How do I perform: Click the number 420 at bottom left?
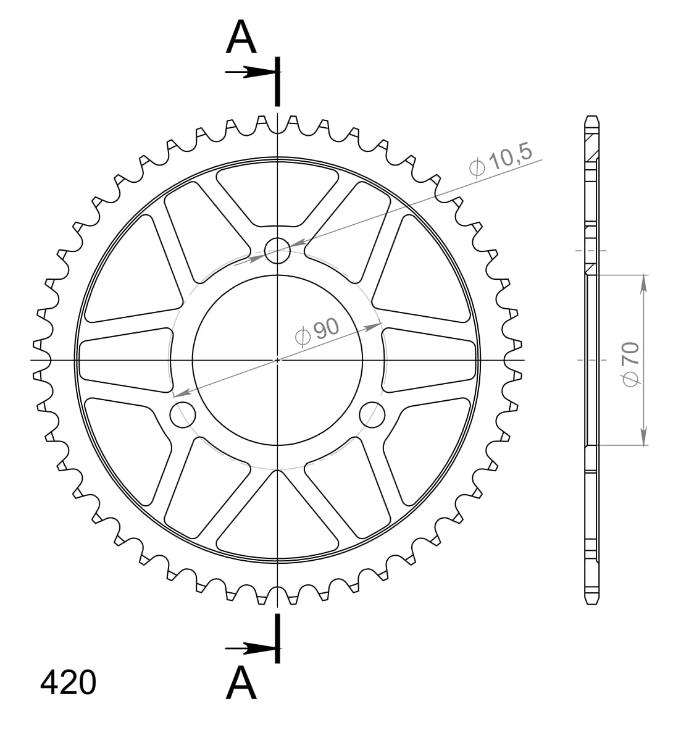(x=68, y=684)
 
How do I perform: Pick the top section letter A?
(x=241, y=38)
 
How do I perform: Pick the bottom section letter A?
(x=241, y=684)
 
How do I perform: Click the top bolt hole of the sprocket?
(x=277, y=250)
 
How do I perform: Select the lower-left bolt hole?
(x=182, y=414)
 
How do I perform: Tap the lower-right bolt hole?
(x=372, y=414)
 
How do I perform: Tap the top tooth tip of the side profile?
(x=591, y=117)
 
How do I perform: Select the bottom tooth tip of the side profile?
(x=591, y=603)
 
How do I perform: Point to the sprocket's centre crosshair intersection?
(x=278, y=359)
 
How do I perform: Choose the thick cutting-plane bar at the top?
(x=278, y=82)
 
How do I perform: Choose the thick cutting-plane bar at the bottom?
(x=278, y=639)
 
